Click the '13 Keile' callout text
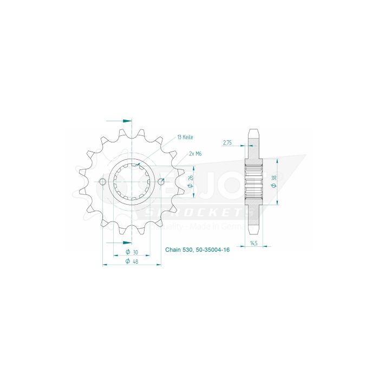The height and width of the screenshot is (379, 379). pyautogui.click(x=185, y=138)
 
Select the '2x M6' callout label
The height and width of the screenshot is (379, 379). pyautogui.click(x=195, y=154)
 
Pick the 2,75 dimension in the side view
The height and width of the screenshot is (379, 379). pyautogui.click(x=228, y=143)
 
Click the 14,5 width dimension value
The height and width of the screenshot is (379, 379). pyautogui.click(x=254, y=244)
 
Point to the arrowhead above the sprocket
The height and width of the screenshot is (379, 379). pyautogui.click(x=127, y=120)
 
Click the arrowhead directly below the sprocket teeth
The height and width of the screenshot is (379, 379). pyautogui.click(x=127, y=242)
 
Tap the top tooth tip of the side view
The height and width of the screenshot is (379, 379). pyautogui.click(x=254, y=130)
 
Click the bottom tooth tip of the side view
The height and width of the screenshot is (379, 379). pyautogui.click(x=254, y=232)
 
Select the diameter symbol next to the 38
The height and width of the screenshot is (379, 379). pyautogui.click(x=275, y=186)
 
